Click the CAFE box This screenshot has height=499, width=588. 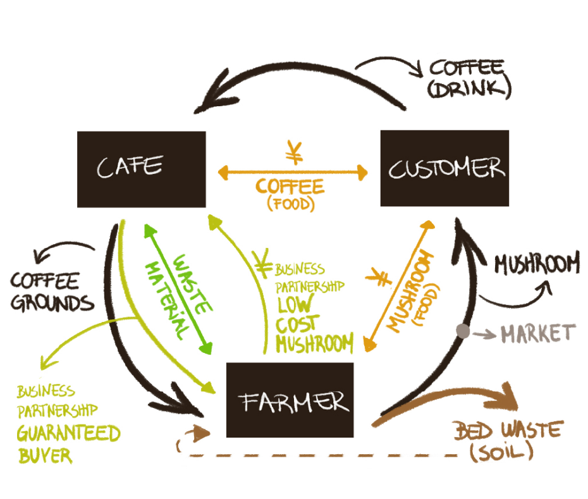click(141, 169)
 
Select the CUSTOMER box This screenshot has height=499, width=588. click(444, 168)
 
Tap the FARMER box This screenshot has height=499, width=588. click(290, 400)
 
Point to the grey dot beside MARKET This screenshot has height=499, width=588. click(463, 331)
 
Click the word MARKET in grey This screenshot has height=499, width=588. click(538, 333)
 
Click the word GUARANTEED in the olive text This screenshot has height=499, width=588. click(68, 434)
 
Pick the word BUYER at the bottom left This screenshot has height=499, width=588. click(45, 455)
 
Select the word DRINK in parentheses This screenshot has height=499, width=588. click(469, 89)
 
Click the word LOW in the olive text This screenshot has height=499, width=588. click(294, 305)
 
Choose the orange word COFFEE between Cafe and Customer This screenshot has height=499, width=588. click(290, 187)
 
